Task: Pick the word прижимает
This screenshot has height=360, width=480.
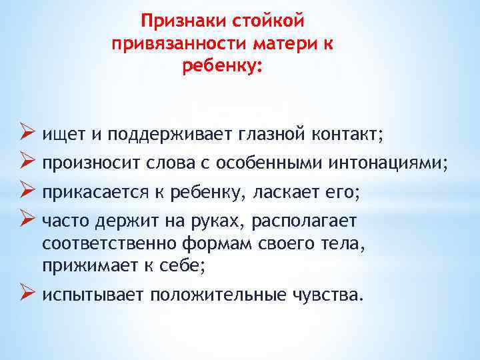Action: tap(80, 267)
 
